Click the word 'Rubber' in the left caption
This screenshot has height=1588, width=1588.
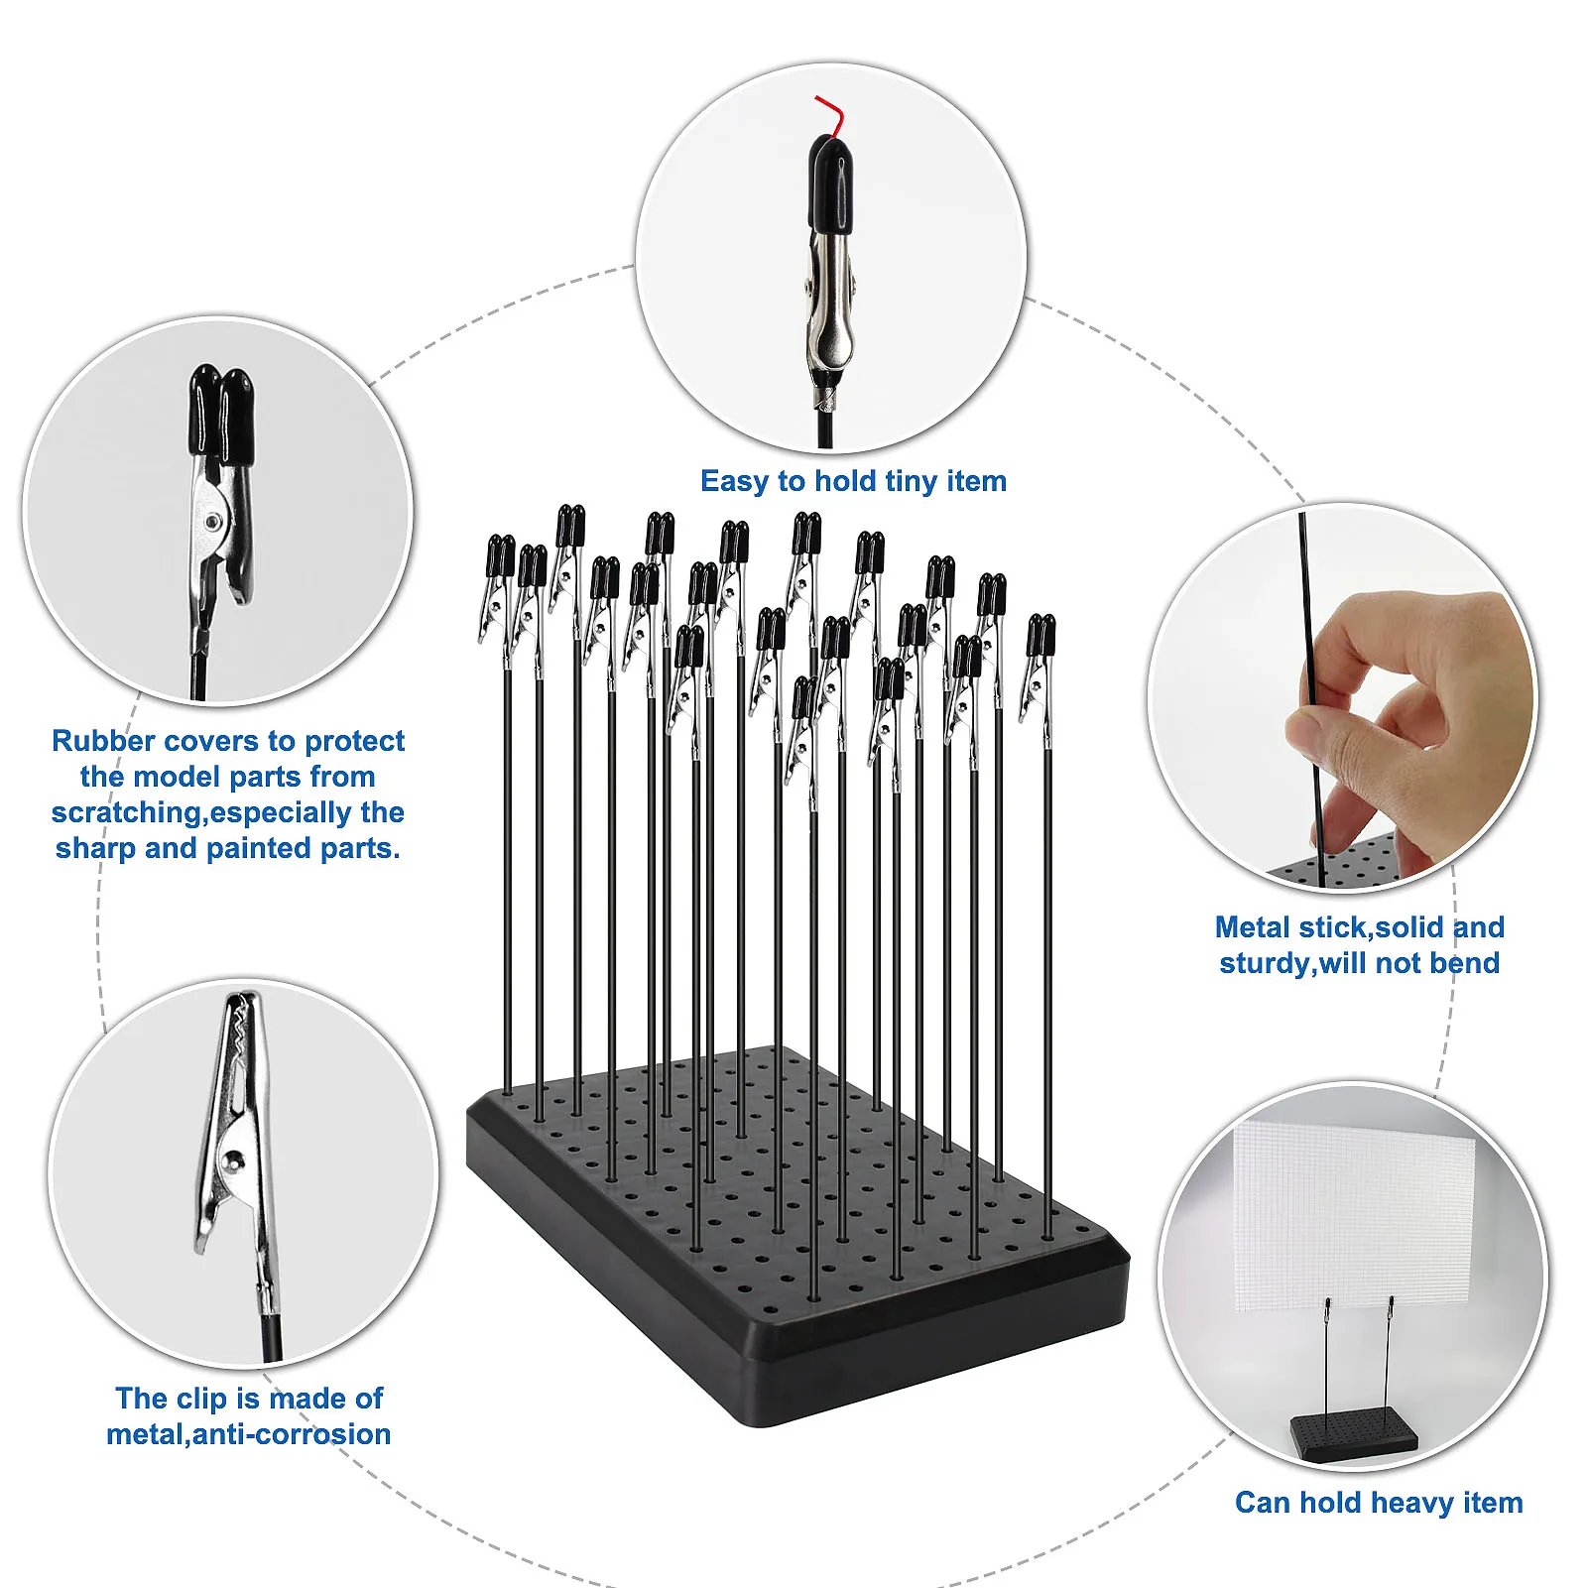point(103,741)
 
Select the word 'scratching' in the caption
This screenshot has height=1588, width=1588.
point(126,813)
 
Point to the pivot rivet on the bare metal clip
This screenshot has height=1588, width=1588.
point(234,1157)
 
